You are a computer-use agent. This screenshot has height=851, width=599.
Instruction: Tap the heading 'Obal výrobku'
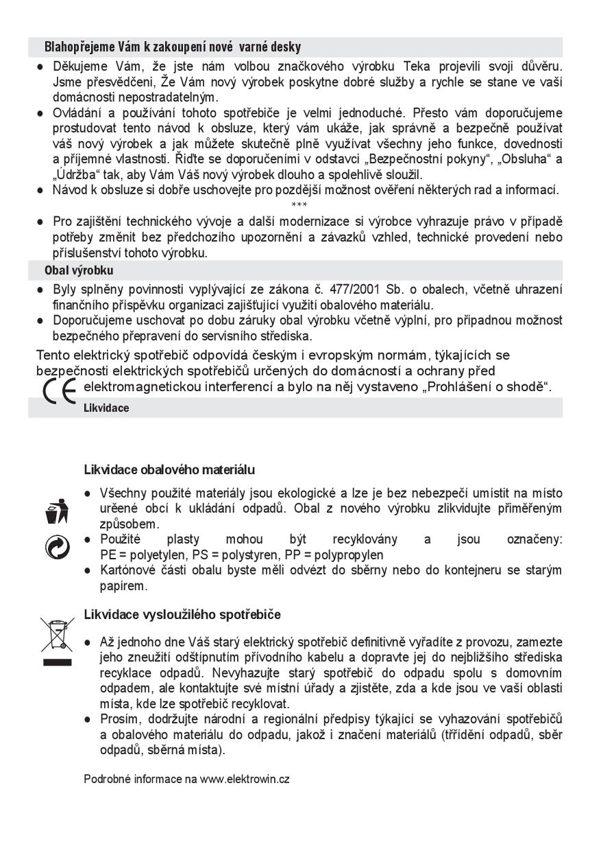(79, 270)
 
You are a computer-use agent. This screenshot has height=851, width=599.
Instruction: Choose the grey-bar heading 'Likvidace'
(106, 408)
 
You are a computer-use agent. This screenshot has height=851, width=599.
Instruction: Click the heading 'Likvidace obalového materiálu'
(169, 470)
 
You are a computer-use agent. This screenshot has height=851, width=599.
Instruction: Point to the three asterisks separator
(299, 205)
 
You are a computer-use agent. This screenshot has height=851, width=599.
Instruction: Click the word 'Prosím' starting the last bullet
(117, 719)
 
